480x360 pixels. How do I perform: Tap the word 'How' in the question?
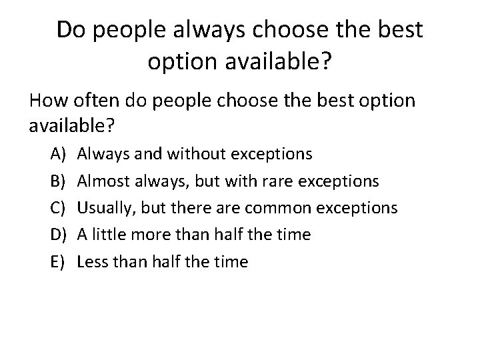tap(49, 101)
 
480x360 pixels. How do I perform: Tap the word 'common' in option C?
tap(279, 208)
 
